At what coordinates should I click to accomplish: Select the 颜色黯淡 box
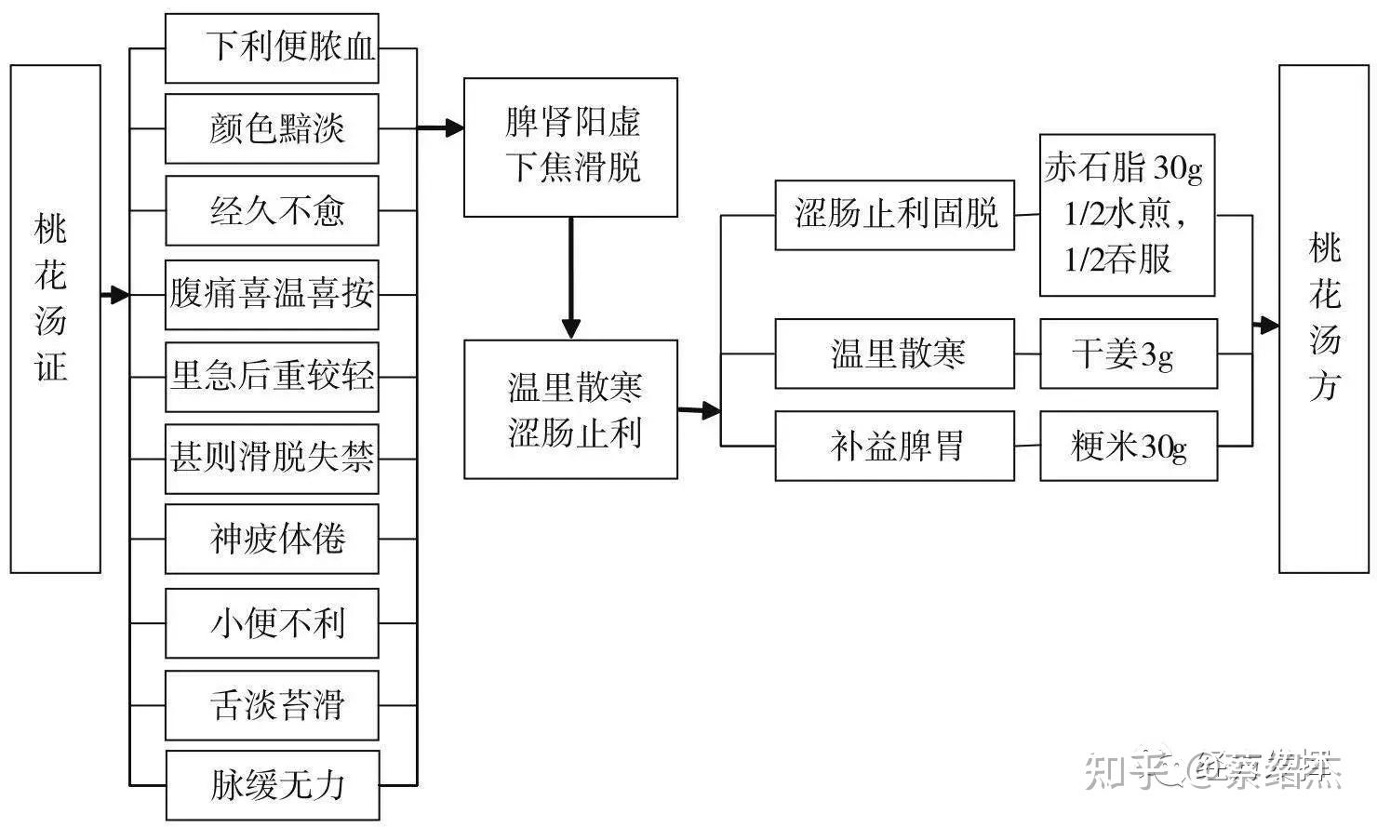point(272,128)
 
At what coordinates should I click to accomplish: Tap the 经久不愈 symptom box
point(272,210)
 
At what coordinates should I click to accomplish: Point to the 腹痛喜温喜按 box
point(272,294)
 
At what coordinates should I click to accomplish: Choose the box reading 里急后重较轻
point(272,377)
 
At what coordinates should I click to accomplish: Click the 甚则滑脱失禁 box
point(272,459)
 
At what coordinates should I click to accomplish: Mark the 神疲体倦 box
point(272,539)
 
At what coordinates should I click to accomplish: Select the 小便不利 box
point(272,622)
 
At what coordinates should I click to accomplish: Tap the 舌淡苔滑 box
point(272,705)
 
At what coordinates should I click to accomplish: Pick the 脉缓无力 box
point(272,785)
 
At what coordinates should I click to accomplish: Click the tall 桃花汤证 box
point(55,318)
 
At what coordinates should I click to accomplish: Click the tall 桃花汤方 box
point(1323,318)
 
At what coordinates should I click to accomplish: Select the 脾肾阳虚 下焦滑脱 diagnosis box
point(570,147)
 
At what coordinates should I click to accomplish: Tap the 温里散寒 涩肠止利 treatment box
point(570,409)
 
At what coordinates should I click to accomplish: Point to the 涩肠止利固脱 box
point(894,215)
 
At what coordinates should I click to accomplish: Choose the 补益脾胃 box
point(894,447)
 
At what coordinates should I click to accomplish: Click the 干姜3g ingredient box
point(1128,353)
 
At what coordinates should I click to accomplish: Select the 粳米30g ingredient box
point(1128,447)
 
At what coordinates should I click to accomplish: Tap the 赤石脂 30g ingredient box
point(1126,215)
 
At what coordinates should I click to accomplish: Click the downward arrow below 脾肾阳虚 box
point(571,279)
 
